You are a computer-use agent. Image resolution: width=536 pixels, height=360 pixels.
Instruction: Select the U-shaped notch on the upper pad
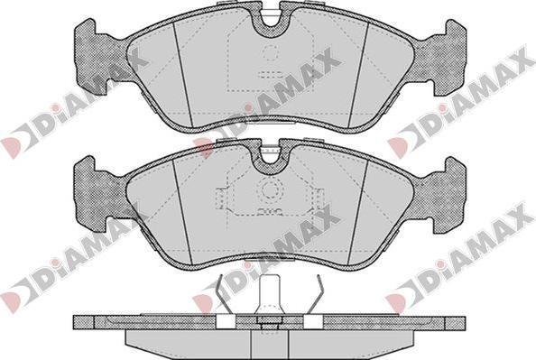[270, 21]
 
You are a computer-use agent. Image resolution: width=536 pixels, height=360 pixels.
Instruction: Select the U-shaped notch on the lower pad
[270, 158]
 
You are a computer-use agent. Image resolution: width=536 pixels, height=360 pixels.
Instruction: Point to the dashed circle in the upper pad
[270, 53]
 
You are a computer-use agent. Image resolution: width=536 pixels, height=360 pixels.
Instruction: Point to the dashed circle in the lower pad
[270, 189]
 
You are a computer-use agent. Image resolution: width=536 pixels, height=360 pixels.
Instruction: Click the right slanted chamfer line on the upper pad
[358, 75]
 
